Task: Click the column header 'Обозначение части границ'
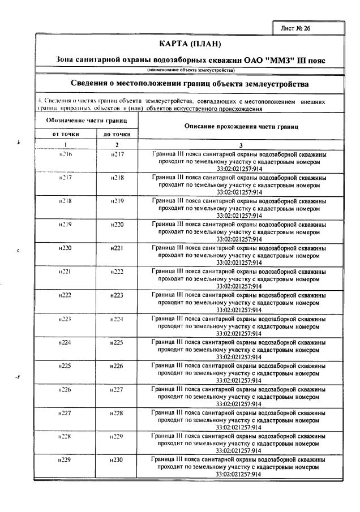[85, 121]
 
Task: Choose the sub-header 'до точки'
[117, 135]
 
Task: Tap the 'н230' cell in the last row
[117, 460]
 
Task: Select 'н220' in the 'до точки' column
[117, 225]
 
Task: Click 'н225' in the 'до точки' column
[117, 342]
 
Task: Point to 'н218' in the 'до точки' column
[117, 178]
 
